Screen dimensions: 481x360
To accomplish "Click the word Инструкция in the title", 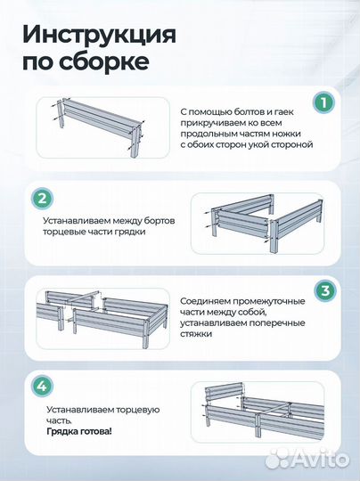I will coord(98,36).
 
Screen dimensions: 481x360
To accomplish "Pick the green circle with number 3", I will coord(324,290).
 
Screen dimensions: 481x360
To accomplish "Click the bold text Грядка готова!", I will coord(79,430).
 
